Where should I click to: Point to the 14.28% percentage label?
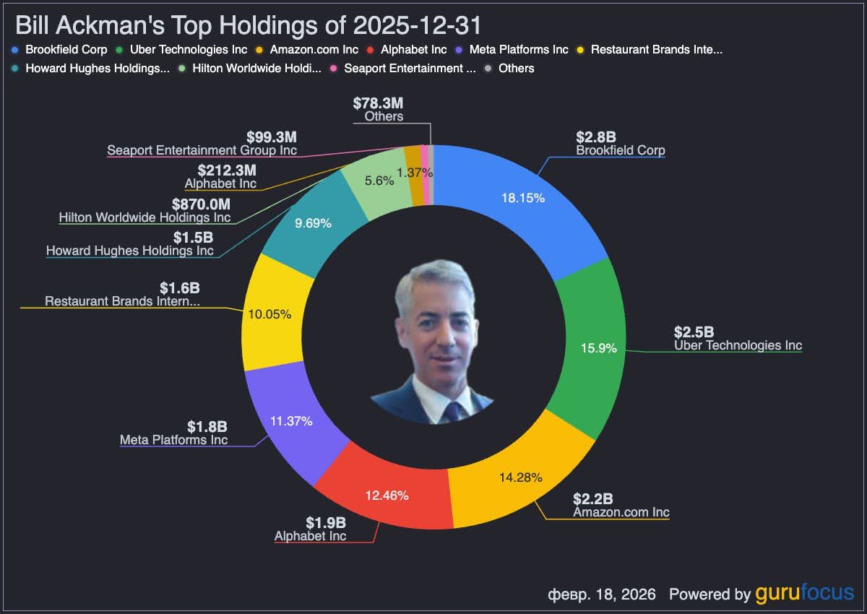point(520,477)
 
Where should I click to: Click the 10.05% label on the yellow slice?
point(269,314)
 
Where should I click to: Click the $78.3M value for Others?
point(379,102)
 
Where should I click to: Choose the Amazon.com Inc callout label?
point(621,512)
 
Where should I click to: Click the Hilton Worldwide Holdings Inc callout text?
point(144,217)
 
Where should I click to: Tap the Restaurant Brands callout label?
point(122,301)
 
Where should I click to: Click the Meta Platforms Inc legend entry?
point(518,50)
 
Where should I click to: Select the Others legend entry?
point(516,69)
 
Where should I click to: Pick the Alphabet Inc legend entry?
point(413,50)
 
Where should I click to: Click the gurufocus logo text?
point(804,594)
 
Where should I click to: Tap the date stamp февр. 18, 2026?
point(602,594)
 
